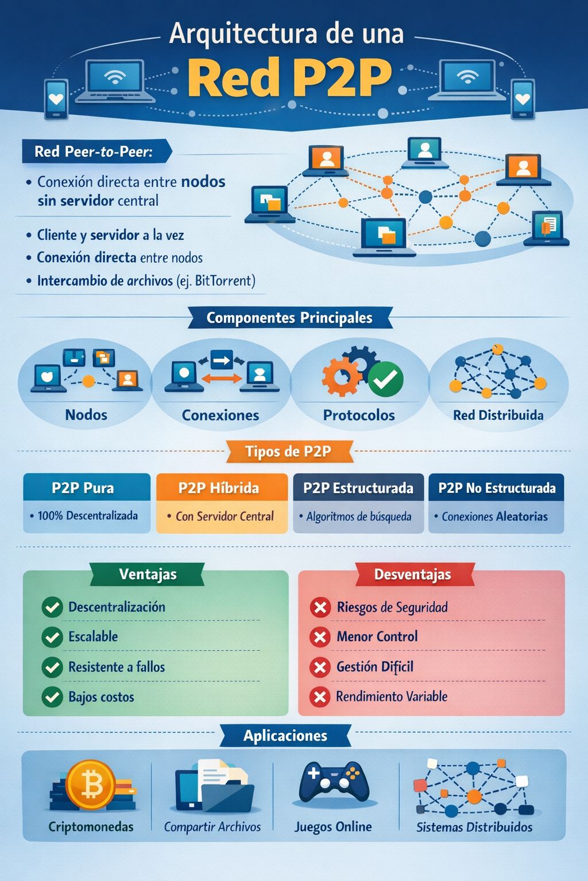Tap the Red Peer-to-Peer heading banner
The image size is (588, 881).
[95, 151]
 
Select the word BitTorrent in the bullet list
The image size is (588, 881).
[223, 281]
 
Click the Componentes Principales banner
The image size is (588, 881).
[289, 318]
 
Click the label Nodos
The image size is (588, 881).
[86, 415]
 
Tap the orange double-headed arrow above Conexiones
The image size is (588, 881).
[221, 379]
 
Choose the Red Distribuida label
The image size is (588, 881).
[498, 415]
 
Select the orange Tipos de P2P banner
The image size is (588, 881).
[288, 451]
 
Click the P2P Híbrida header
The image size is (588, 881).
[219, 488]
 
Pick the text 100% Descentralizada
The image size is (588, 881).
[87, 516]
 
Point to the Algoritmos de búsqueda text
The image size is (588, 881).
[359, 517]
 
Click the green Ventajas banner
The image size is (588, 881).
[148, 574]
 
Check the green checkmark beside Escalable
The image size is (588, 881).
[52, 637]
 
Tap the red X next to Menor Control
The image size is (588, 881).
[320, 637]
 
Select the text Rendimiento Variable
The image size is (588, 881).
[392, 696]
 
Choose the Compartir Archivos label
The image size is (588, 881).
[212, 827]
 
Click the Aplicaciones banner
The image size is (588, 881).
[285, 736]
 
